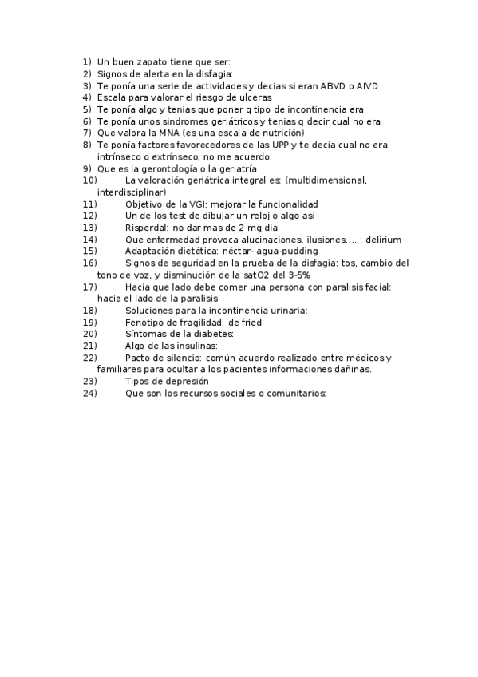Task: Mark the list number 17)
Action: point(89,287)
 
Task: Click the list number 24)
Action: point(89,394)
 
